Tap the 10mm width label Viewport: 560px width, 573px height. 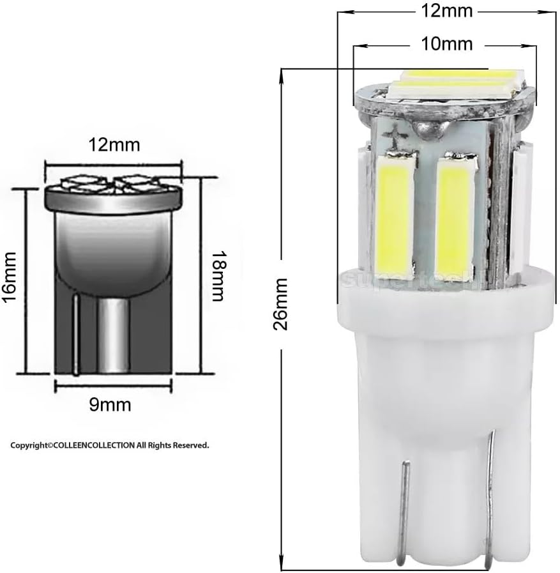tap(447, 43)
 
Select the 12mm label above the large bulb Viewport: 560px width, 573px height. tap(447, 11)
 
